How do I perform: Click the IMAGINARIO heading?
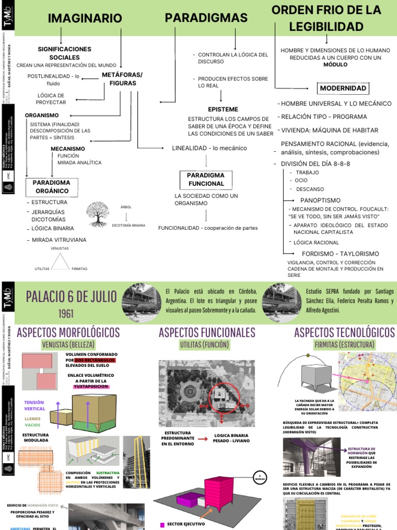pos(85,19)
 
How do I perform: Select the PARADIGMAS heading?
pos(206,18)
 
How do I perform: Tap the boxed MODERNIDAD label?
pos(343,88)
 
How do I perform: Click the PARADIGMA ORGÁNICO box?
pos(51,186)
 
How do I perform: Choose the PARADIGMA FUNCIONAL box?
pos(206,179)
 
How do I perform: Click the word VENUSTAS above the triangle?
pos(60,248)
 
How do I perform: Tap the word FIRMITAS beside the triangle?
pos(80,269)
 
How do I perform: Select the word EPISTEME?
pos(223,109)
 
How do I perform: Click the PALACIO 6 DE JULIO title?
pos(71,297)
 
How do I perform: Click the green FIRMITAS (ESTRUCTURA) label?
pos(344,345)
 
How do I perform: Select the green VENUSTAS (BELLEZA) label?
pos(69,345)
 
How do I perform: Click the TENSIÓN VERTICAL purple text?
pos(35,405)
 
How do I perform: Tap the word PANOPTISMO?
pos(320,200)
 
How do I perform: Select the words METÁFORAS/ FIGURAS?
pos(122,79)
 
